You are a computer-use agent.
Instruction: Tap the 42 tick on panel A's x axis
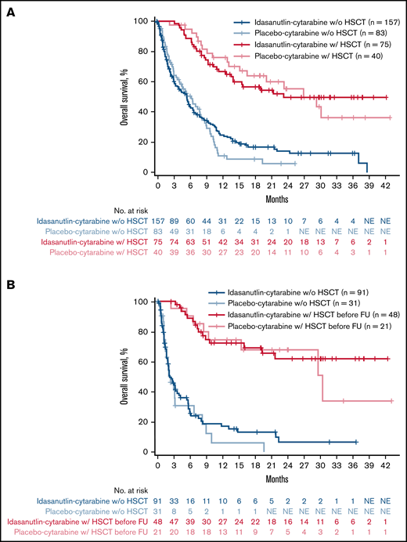pyautogui.click(x=385, y=184)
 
